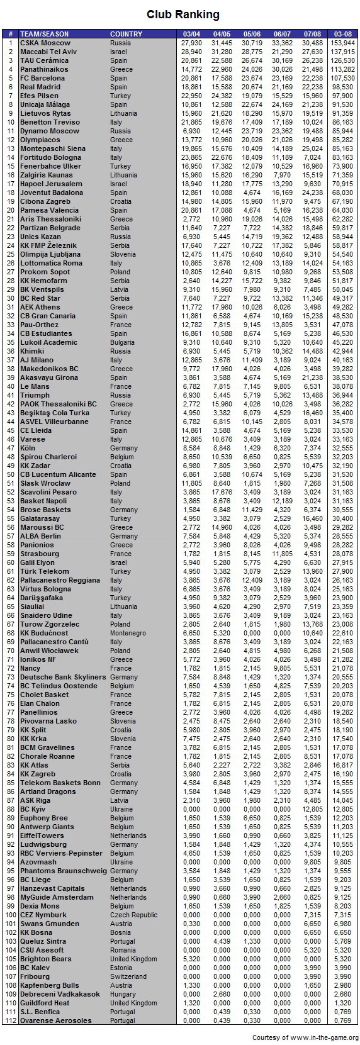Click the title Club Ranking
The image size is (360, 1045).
(x=183, y=14)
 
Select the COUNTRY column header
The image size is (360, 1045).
(x=126, y=34)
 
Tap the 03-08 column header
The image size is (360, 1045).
(x=342, y=34)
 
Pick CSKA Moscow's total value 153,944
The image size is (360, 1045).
(x=342, y=43)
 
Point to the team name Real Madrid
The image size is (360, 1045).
(x=40, y=87)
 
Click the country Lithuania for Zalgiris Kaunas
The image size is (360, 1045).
(x=123, y=175)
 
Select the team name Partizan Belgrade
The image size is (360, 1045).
(x=50, y=228)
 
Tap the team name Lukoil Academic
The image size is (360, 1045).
(x=48, y=342)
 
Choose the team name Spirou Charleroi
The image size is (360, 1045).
(x=48, y=457)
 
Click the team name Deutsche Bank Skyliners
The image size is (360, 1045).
(x=63, y=677)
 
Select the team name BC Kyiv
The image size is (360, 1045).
(x=33, y=809)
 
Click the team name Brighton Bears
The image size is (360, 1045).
(x=46, y=959)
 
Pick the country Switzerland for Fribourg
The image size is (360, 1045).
(x=128, y=976)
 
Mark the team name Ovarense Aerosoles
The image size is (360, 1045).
(x=55, y=1020)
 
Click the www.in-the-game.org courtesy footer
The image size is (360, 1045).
(x=305, y=1037)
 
